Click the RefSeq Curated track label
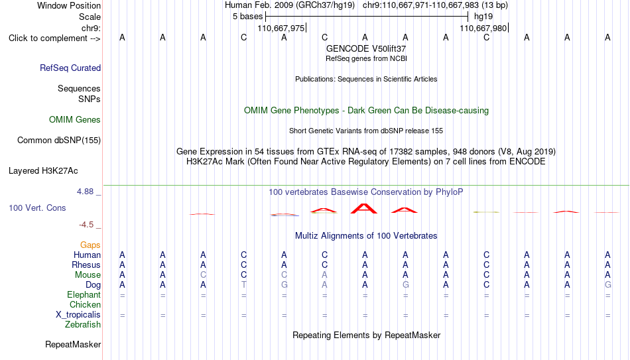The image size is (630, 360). tap(70, 68)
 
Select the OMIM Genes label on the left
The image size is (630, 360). tap(75, 120)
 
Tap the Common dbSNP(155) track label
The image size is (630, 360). tap(59, 141)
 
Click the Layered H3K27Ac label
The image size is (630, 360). tap(43, 171)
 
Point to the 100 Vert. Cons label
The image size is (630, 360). tap(37, 208)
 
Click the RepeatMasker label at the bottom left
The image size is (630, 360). tap(73, 344)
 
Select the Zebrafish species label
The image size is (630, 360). tap(83, 324)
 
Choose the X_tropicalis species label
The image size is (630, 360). tap(78, 315)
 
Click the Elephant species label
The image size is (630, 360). tap(84, 294)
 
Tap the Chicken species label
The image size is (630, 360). tap(85, 304)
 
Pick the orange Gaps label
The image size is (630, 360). tap(90, 245)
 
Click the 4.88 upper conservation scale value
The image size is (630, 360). tap(85, 192)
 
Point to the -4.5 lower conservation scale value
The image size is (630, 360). tap(86, 225)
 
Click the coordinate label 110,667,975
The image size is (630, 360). tap(281, 28)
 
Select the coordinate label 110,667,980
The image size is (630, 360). tap(483, 28)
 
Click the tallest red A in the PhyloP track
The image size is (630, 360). tap(364, 208)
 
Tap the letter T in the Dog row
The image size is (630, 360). tap(243, 285)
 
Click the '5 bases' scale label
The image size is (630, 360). tap(247, 17)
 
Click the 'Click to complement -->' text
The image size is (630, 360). tap(54, 38)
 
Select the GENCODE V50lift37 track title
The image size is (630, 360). tap(366, 48)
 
